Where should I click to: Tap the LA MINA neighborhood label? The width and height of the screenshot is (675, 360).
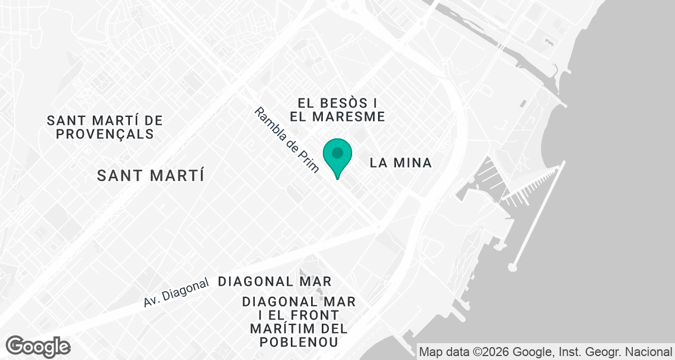click(x=401, y=163)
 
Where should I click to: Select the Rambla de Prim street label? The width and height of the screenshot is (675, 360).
click(x=286, y=139)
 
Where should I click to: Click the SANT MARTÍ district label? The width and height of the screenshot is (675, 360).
click(x=150, y=175)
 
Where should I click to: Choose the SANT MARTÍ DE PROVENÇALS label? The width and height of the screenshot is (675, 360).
click(x=105, y=127)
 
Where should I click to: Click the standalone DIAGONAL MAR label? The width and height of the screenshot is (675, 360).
click(x=274, y=281)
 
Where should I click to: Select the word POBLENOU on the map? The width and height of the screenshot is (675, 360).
click(x=299, y=342)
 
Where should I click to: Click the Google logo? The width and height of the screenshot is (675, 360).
click(x=38, y=346)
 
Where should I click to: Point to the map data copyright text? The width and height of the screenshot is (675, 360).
click(x=546, y=352)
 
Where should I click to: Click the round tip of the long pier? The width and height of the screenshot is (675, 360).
click(x=512, y=267)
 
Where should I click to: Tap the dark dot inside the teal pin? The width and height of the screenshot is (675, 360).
click(x=337, y=152)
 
